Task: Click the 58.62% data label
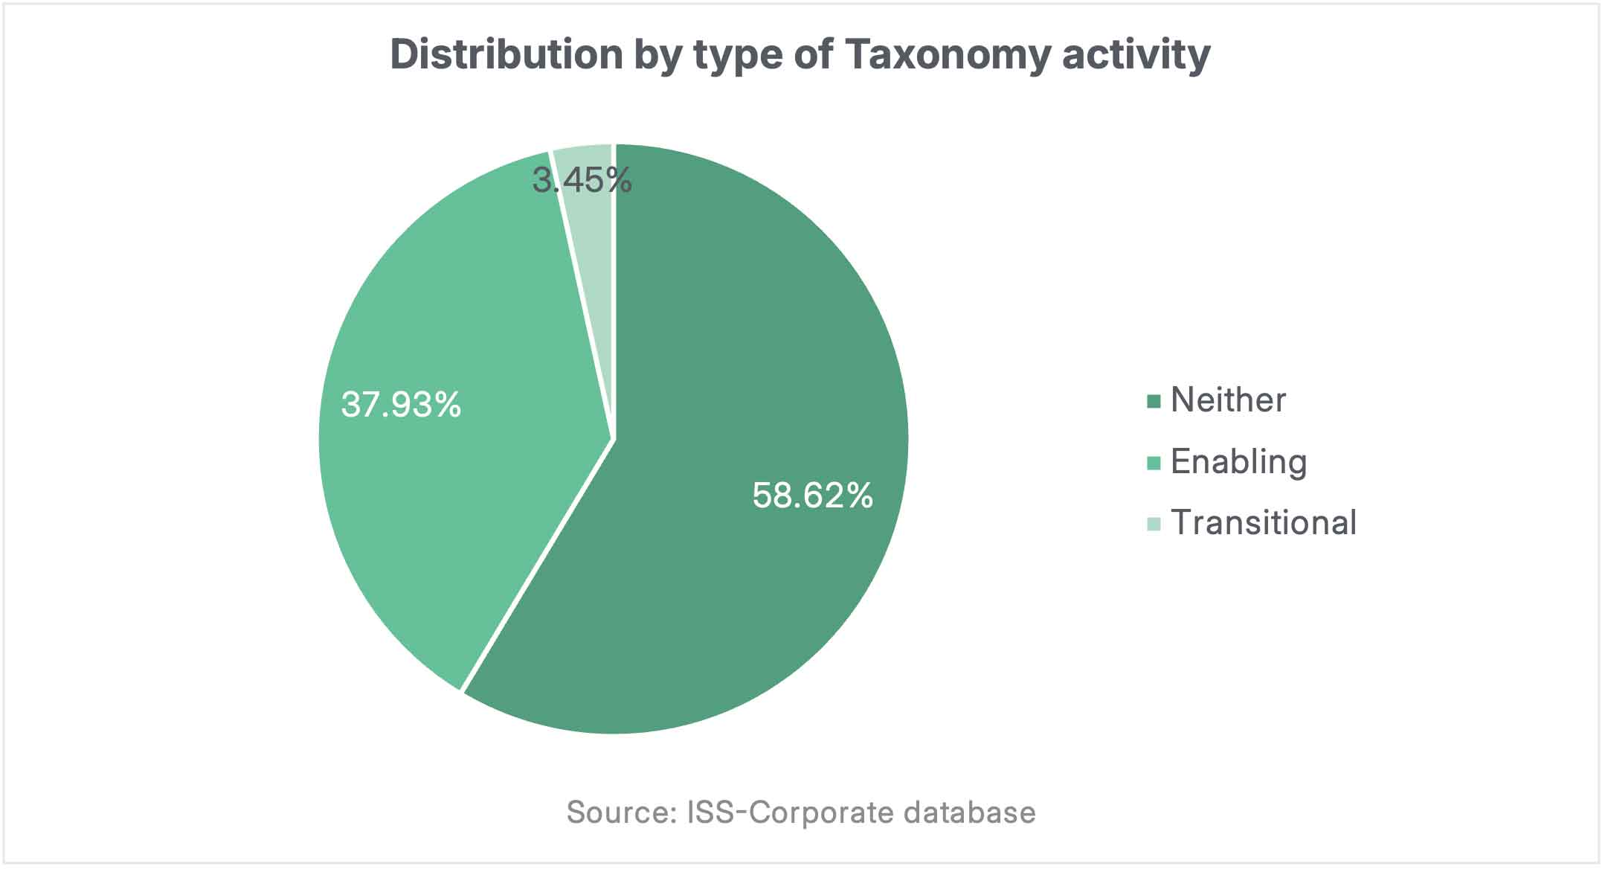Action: (812, 496)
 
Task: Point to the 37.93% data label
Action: (401, 405)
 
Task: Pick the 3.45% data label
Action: (582, 181)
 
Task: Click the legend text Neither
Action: (1228, 400)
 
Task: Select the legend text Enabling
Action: (1238, 462)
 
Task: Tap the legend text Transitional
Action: (1264, 523)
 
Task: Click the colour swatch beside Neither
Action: (1154, 402)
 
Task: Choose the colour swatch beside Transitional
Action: (1154, 525)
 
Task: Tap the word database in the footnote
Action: (969, 812)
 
